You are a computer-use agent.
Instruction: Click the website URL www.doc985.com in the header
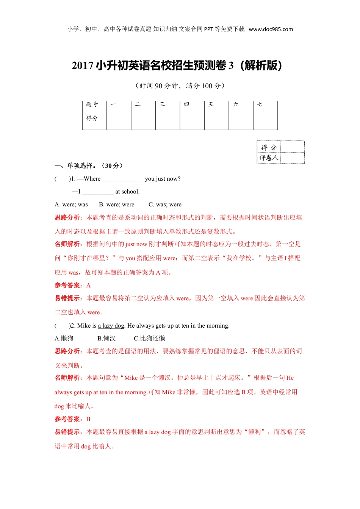pos(271,29)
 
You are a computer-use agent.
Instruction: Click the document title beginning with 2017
pos(177,66)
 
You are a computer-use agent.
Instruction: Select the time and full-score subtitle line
pos(180,86)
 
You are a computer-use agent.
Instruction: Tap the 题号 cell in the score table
pos(92,104)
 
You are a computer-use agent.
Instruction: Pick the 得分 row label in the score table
pos(92,118)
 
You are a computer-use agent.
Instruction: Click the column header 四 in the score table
pos(186,104)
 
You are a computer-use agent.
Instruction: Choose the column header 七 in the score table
pos(260,104)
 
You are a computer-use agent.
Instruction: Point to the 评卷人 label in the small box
pos(269,158)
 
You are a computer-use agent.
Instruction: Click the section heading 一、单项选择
pos(88,166)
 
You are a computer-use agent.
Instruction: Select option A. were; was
pos(71,205)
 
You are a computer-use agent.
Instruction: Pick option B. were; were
pos(117,205)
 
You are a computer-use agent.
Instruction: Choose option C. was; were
pos(165,205)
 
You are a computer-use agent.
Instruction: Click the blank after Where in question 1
pos(122,179)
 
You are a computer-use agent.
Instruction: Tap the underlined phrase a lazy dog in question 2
pos(111,326)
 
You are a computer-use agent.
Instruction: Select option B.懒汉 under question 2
pos(106,338)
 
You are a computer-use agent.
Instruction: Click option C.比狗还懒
pos(149,338)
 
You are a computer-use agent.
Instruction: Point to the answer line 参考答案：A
pos(73,285)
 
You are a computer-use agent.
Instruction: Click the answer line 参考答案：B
pos(72,419)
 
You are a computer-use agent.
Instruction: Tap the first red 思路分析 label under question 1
pos(67,217)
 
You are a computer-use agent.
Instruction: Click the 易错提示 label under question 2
pos(67,432)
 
